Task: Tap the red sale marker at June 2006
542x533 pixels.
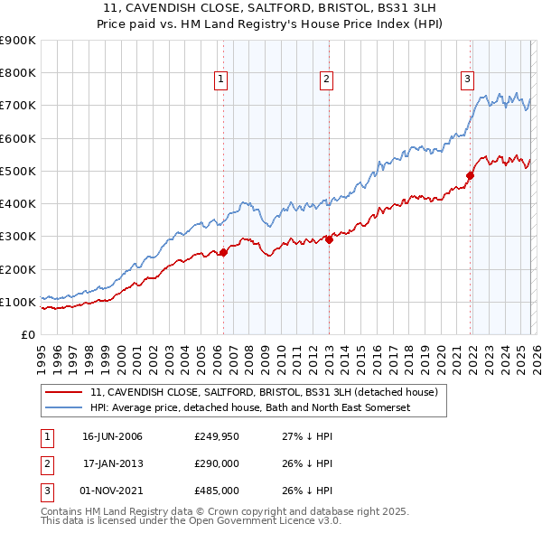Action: coord(223,253)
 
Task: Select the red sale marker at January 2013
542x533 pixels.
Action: coord(329,239)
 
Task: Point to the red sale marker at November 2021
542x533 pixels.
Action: coord(470,175)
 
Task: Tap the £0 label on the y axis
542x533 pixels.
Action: coord(27,334)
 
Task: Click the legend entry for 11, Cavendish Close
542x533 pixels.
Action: coord(264,392)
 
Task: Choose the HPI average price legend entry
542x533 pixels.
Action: coord(250,407)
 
